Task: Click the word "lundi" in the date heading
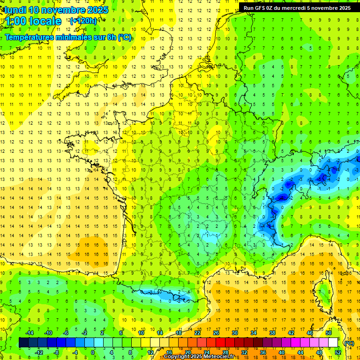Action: (15, 10)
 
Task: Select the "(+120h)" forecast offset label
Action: (83, 21)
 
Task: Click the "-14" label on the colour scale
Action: (29, 333)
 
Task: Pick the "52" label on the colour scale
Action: (338, 352)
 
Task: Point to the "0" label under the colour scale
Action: (92, 352)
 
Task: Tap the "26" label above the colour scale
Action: (216, 333)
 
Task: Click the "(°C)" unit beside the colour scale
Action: (349, 343)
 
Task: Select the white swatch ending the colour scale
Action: (333, 343)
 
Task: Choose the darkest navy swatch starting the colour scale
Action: (23, 343)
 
